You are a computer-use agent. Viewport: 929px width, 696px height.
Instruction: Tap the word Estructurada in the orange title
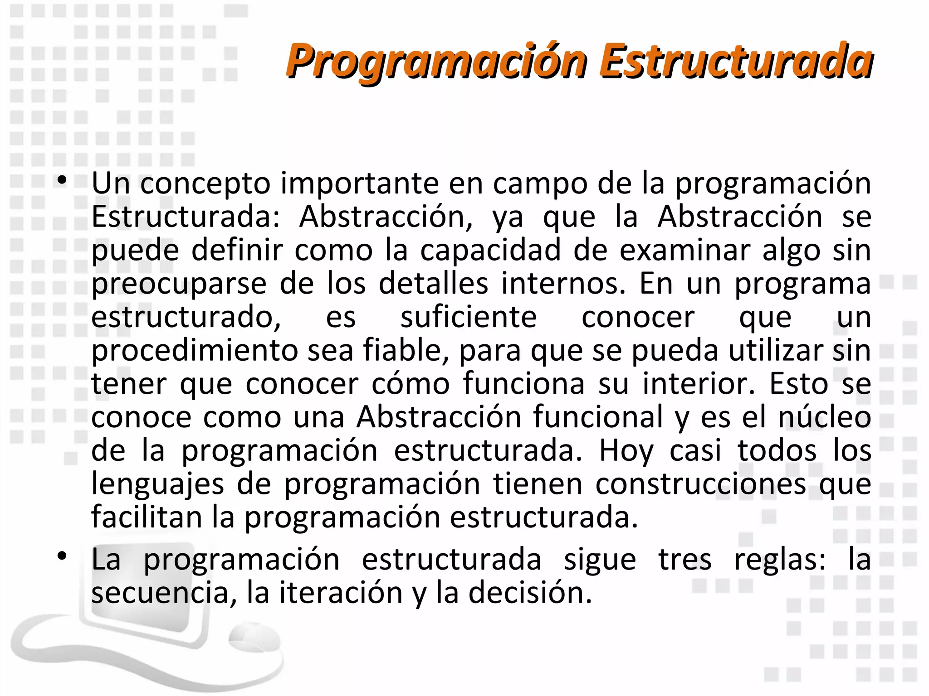736,60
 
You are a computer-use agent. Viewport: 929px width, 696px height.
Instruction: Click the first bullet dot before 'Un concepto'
62,181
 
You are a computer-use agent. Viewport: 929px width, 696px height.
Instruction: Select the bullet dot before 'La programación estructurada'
62,556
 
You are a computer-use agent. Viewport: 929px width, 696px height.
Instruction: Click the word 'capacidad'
490,250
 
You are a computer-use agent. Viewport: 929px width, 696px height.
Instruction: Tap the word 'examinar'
685,250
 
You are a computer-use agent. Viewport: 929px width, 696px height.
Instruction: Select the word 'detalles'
434,284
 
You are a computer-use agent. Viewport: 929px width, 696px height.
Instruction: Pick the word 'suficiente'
469,317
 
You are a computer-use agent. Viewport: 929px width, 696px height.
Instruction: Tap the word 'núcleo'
825,417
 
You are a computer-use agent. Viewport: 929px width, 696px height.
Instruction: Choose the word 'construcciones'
701,484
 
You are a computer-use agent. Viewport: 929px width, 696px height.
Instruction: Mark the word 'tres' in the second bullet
685,560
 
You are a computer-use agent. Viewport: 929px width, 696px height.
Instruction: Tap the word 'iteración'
341,593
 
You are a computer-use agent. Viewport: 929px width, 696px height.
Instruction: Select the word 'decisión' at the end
530,593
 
